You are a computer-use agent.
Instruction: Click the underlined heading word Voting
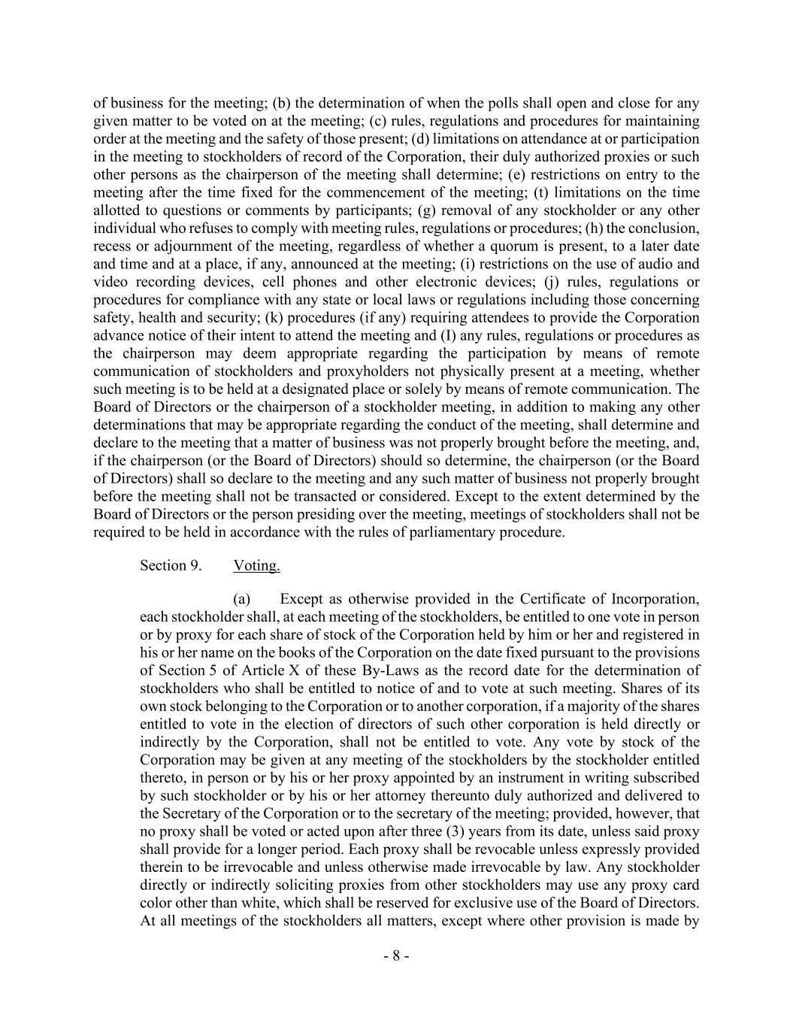tap(256, 566)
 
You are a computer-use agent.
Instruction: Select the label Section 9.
tap(171, 566)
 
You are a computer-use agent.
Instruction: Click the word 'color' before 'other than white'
tap(158, 903)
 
